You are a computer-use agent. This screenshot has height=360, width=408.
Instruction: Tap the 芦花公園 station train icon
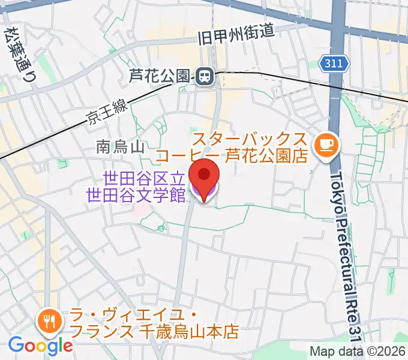(x=203, y=76)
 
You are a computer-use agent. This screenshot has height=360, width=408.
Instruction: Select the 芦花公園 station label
(x=161, y=76)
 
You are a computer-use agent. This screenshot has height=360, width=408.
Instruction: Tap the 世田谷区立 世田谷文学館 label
(x=136, y=187)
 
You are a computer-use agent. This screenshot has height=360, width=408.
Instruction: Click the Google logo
(x=40, y=346)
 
